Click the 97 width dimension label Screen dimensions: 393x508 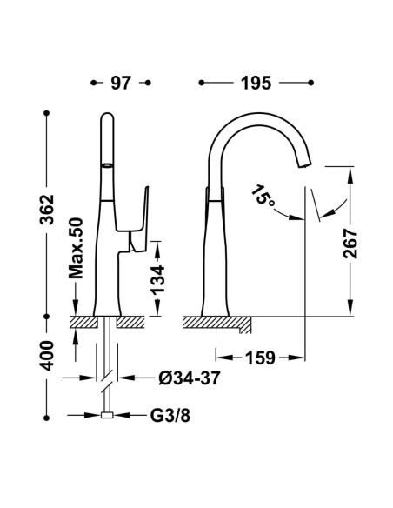click(121, 83)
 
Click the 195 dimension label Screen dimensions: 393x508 click(256, 83)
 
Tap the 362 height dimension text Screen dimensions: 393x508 click(47, 210)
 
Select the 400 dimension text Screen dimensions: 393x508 click(47, 356)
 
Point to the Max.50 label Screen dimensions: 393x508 click(76, 248)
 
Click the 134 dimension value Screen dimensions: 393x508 click(158, 280)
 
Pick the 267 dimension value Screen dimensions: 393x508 click(350, 244)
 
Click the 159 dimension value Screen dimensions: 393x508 click(260, 358)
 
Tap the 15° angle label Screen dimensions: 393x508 click(263, 196)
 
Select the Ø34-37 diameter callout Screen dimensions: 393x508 click(190, 378)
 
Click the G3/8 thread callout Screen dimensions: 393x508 click(170, 416)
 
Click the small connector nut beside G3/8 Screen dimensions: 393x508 click(107, 415)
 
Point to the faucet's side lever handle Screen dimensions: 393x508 click(139, 219)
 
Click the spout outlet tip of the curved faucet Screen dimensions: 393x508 click(304, 164)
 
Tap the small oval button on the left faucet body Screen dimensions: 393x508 click(107, 165)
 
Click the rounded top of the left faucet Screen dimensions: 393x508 click(107, 116)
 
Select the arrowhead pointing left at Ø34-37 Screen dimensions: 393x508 click(126, 378)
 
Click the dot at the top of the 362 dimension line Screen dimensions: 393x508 click(47, 113)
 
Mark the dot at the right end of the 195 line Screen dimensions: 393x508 click(311, 83)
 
